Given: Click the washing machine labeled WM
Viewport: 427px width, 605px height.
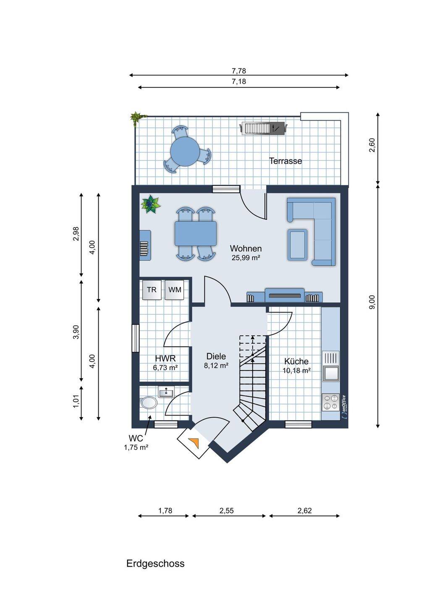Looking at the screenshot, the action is (174, 290).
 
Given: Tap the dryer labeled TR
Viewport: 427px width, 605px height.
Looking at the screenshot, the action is (152, 290).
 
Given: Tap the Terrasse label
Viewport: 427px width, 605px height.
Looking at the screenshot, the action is (286, 161).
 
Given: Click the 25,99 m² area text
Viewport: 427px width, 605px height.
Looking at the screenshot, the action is (246, 258).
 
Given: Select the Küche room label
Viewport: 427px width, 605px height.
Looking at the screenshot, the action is (296, 361).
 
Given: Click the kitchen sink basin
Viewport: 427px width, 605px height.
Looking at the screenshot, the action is (331, 373).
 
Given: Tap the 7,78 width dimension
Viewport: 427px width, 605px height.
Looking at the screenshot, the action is (239, 71).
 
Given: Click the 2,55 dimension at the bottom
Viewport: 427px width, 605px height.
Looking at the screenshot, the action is (226, 510).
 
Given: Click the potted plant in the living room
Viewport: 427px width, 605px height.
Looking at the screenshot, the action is (151, 205).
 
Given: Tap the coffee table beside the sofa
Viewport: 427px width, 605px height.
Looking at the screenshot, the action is (297, 245).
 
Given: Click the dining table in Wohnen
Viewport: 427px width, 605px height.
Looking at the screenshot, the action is (195, 233).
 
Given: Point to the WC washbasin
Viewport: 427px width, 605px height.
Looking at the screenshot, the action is (166, 392).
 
